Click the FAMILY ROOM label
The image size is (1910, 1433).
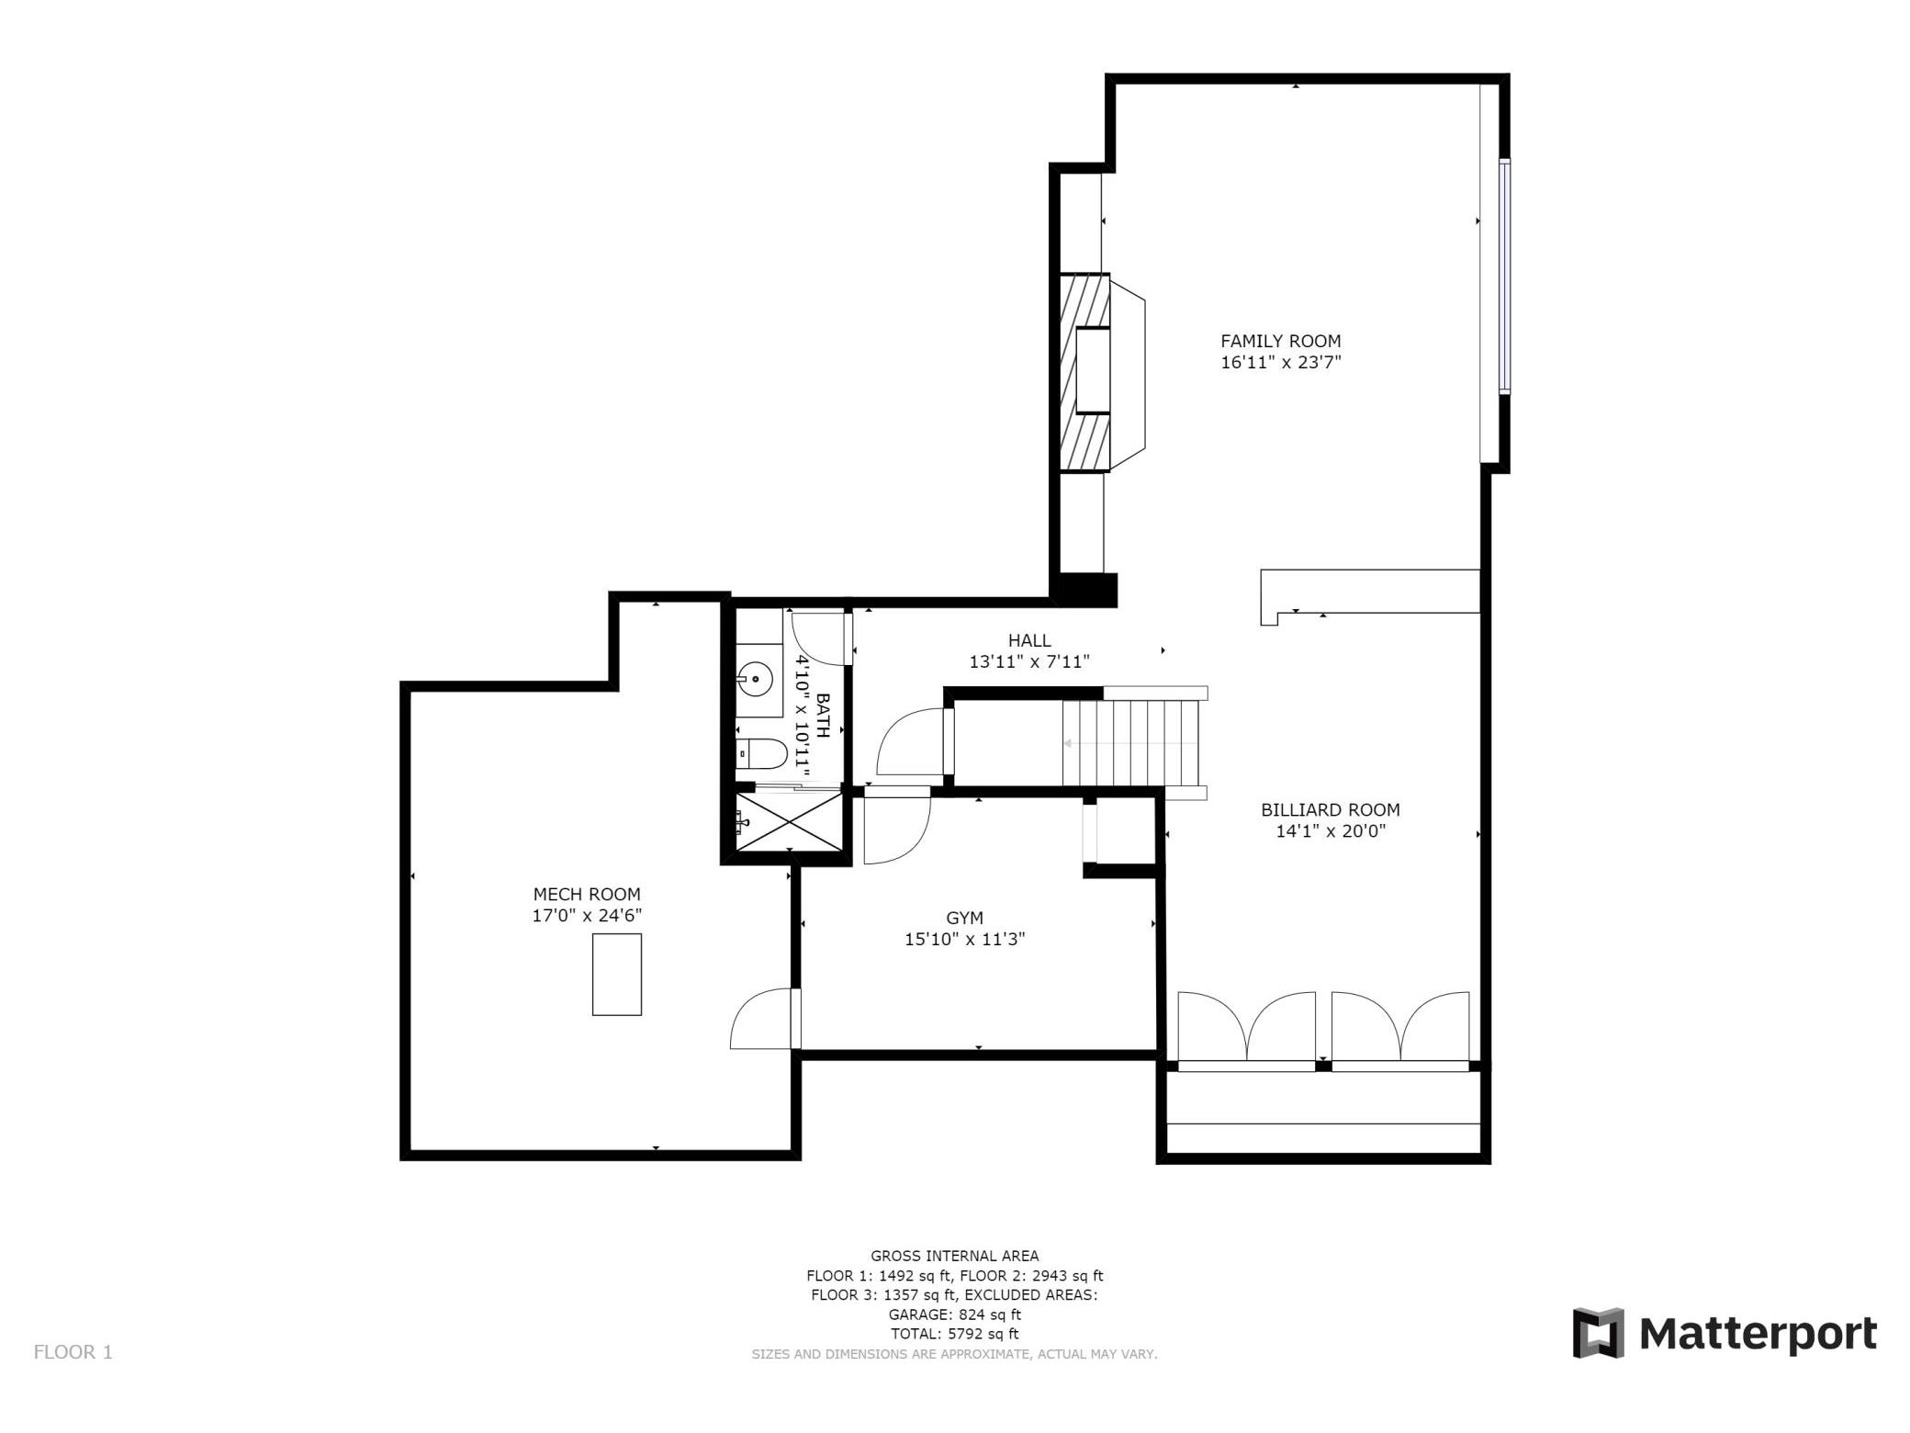1280,341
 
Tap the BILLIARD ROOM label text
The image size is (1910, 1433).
1330,810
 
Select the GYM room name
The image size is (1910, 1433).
964,918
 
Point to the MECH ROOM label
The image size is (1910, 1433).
587,894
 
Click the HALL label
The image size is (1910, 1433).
1029,640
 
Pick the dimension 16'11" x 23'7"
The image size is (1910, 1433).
1280,362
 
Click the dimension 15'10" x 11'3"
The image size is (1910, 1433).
964,939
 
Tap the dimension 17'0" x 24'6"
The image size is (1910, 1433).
587,915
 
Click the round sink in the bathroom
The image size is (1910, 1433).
754,679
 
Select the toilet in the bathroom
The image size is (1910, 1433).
761,754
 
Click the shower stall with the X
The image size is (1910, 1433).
789,822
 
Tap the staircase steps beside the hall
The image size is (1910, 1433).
1131,743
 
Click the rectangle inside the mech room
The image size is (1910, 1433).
616,974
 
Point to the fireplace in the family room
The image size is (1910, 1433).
1101,372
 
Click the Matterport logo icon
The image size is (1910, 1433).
1598,1333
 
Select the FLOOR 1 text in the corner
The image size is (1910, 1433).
73,1352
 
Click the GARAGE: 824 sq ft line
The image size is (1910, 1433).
954,1315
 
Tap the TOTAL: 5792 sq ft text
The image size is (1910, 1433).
954,1334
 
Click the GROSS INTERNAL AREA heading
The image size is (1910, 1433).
954,1256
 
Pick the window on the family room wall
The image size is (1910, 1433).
1503,276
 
